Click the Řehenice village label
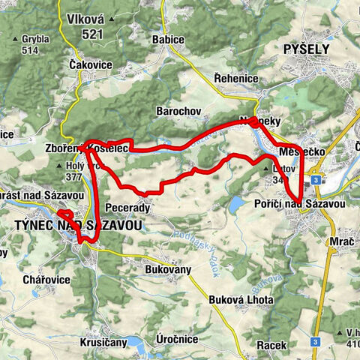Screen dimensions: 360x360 click(x=235, y=79)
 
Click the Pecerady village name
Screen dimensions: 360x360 click(x=129, y=207)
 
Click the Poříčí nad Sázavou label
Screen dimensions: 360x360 click(x=309, y=204)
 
